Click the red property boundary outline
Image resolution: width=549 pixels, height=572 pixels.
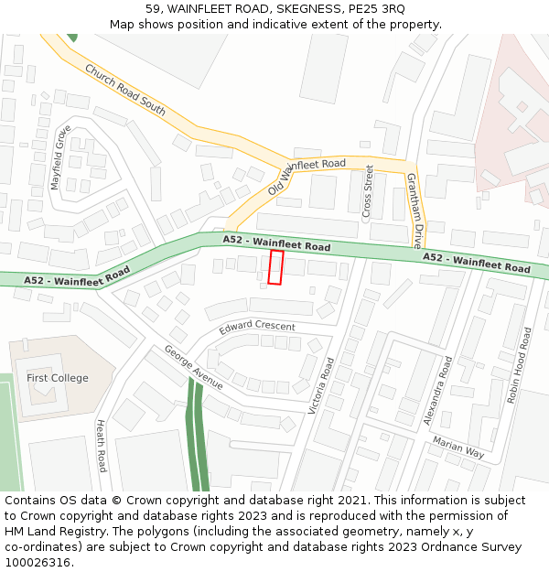point(275,267)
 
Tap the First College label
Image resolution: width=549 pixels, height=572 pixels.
point(58,378)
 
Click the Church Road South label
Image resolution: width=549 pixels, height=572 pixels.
point(125,90)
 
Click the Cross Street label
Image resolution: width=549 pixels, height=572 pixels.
point(368,192)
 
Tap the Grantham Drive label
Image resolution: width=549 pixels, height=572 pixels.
point(414,210)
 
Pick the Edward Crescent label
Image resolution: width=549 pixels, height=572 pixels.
point(257,327)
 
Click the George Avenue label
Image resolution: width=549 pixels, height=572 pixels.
point(193,367)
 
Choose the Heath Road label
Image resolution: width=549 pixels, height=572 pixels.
point(101,446)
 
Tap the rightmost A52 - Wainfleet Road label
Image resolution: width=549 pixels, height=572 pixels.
point(476,264)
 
